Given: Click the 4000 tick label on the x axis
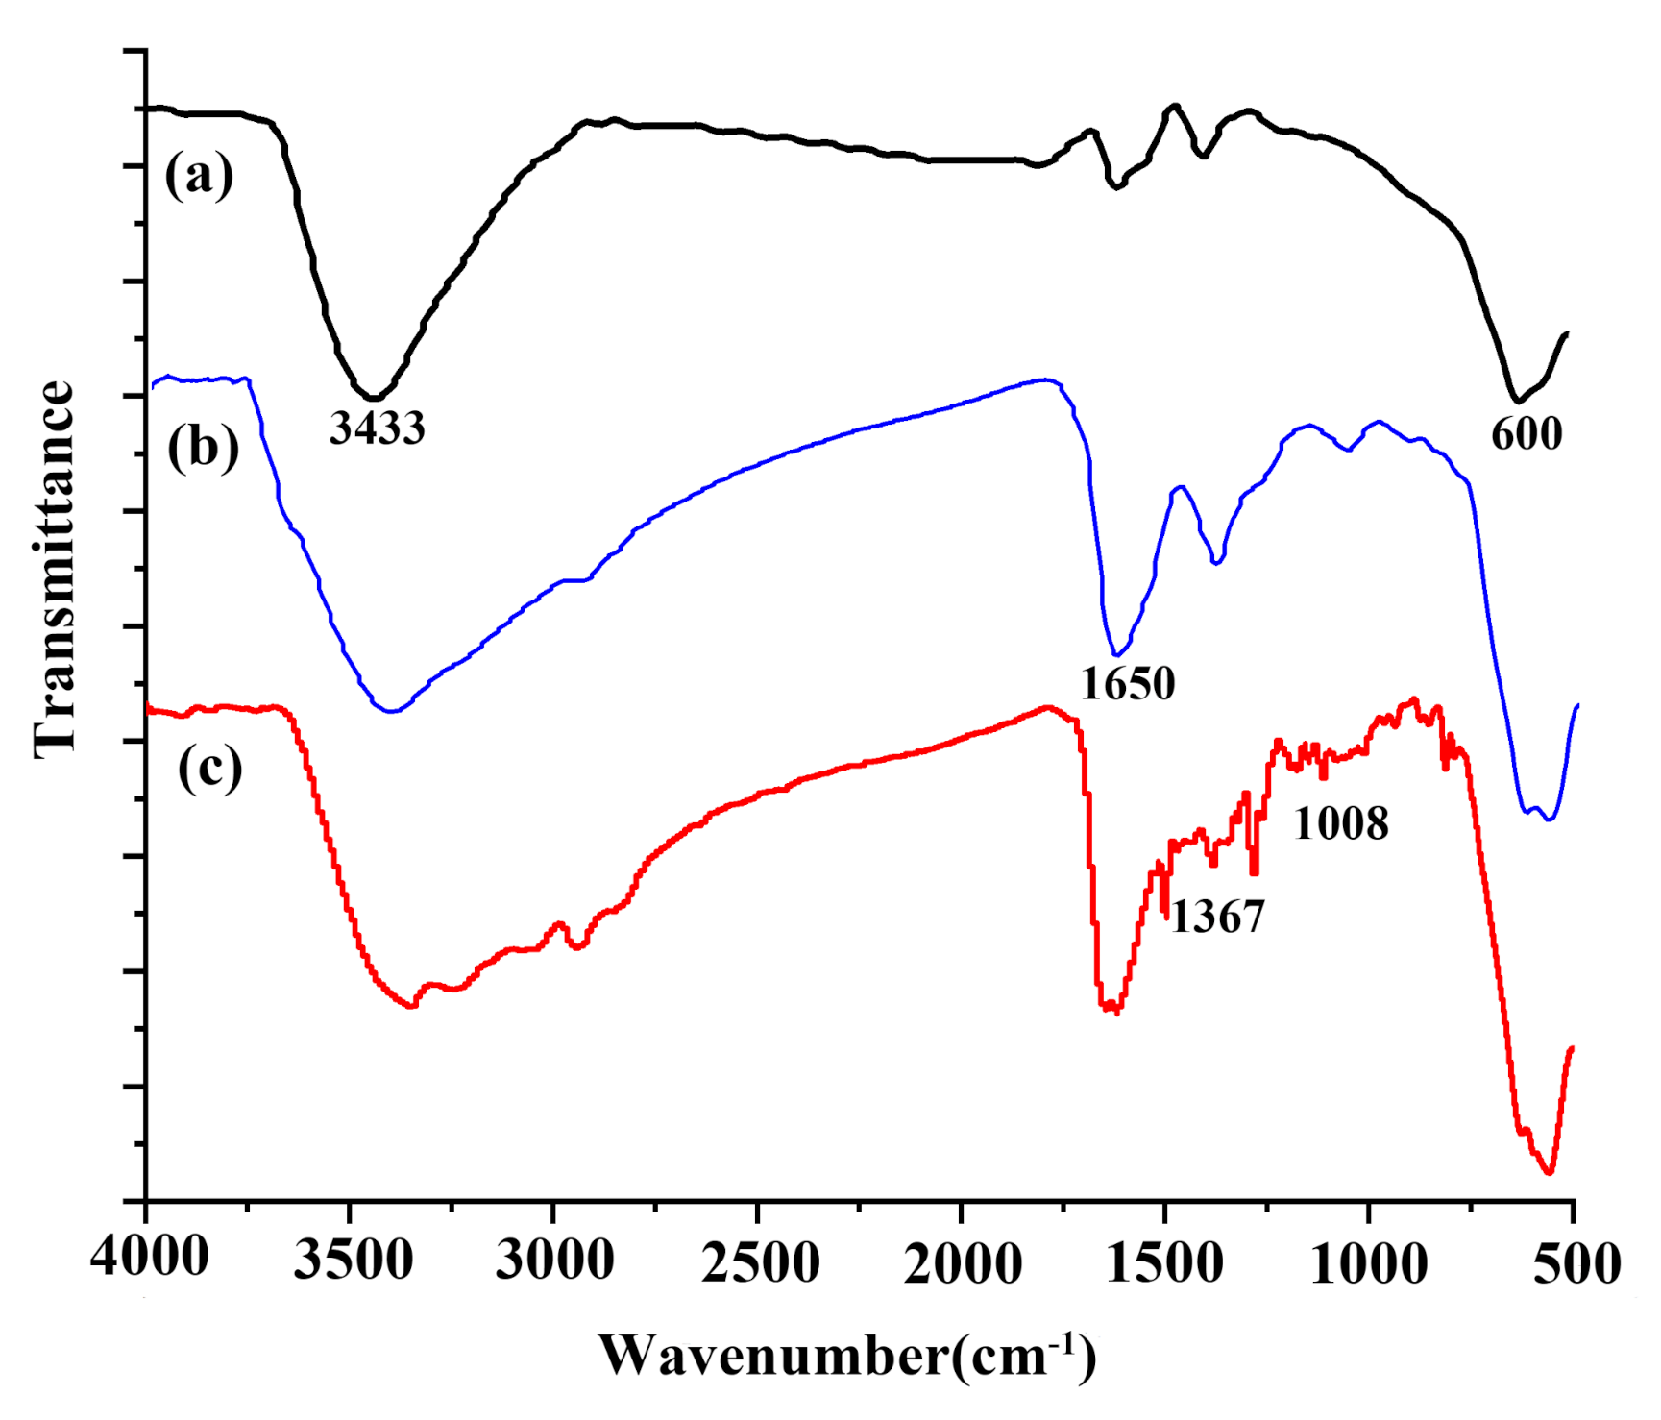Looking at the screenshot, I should [149, 1258].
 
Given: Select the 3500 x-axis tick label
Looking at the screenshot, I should [353, 1260].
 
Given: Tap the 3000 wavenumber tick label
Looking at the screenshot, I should [554, 1260].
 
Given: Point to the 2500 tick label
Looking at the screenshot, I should [760, 1261].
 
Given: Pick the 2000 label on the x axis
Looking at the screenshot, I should [963, 1261].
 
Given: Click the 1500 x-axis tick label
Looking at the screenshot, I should [1165, 1261].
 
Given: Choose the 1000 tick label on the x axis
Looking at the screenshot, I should [1369, 1261].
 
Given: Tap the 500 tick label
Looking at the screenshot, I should [1576, 1261].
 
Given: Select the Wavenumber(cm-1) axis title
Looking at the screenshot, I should [847, 1356].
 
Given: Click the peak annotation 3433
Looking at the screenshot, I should [377, 428].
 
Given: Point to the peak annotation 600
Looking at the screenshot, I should [1527, 433].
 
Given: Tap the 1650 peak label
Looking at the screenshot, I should [1128, 684].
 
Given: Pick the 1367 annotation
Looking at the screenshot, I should [1217, 917].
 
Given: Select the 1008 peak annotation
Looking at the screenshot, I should [1341, 823].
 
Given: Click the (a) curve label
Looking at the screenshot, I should [199, 176].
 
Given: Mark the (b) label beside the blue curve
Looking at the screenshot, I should [203, 448].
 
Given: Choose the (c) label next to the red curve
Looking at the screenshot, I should [209, 768].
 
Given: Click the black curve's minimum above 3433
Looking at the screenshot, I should [375, 398].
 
